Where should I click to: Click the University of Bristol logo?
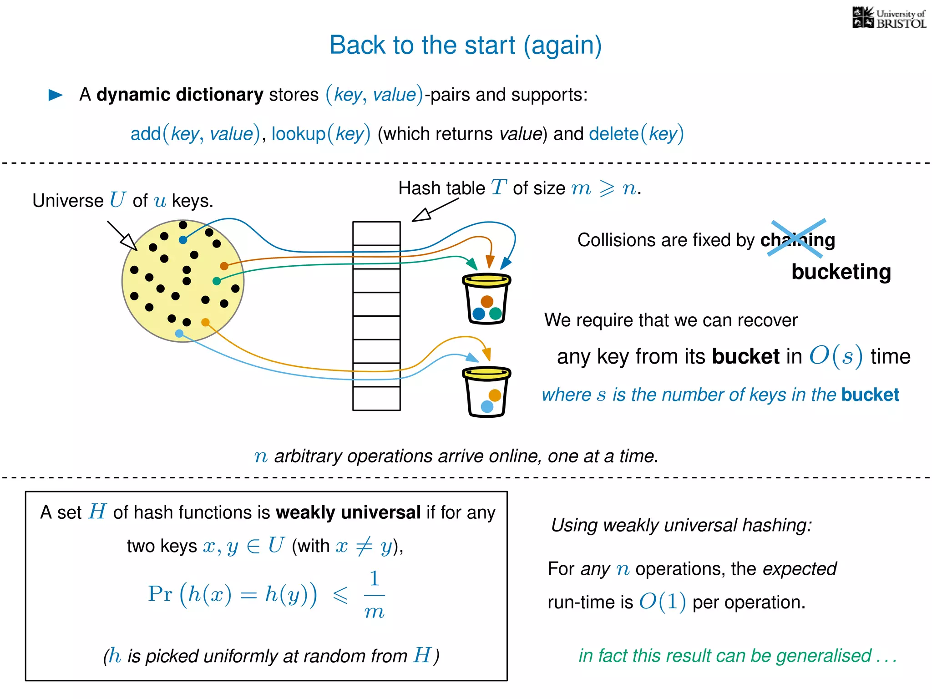click(x=889, y=18)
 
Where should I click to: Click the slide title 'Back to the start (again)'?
click(x=465, y=45)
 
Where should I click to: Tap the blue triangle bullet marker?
click(x=56, y=95)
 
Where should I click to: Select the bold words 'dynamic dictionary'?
click(x=180, y=95)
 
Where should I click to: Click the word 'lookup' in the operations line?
click(x=299, y=134)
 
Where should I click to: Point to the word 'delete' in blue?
click(x=613, y=134)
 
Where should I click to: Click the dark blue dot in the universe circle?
click(x=183, y=240)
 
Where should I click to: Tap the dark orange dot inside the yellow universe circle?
click(x=224, y=266)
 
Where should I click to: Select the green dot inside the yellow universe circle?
click(x=217, y=281)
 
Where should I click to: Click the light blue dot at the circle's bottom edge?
click(x=179, y=334)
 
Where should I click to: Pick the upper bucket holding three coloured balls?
click(x=486, y=299)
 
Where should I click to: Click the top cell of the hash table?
click(x=376, y=233)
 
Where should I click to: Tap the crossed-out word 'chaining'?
click(x=798, y=240)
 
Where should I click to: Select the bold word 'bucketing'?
click(x=841, y=272)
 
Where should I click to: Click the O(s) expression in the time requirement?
click(x=836, y=356)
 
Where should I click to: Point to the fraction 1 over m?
click(x=374, y=595)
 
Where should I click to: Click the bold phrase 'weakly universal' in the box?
click(x=348, y=512)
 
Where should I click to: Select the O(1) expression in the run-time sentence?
click(x=662, y=602)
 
